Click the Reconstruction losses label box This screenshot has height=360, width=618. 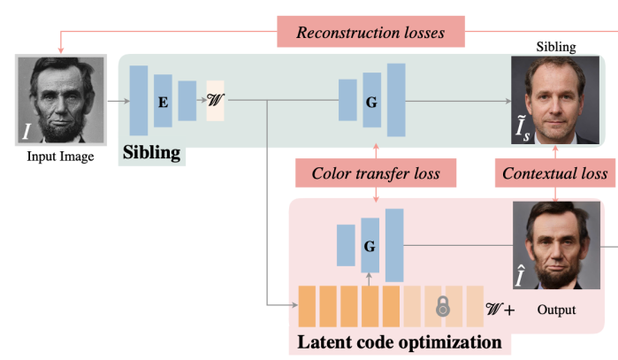[x=371, y=33]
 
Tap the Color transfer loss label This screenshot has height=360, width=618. [x=376, y=173]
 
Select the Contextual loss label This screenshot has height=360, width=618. [x=554, y=173]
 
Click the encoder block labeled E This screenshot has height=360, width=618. [x=163, y=101]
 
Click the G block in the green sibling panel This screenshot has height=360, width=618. [x=371, y=101]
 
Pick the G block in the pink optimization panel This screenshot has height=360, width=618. [x=370, y=244]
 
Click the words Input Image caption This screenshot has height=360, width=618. [x=61, y=157]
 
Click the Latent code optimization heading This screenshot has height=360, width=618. [x=400, y=341]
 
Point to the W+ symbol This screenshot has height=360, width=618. [x=500, y=310]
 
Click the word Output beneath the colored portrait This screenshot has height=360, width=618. [x=556, y=310]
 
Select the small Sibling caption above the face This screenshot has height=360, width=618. [x=555, y=47]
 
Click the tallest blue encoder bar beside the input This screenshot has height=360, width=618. [x=139, y=101]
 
